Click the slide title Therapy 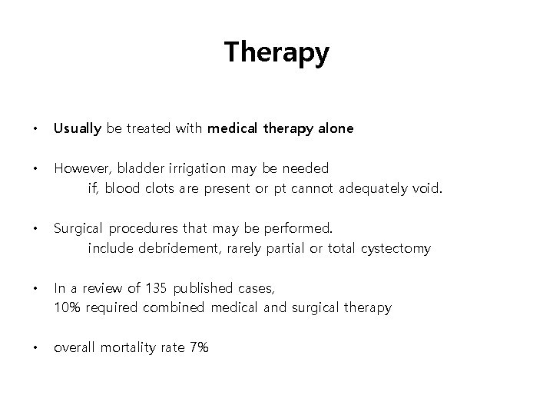[x=276, y=53]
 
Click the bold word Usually [x=77, y=129]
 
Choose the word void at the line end [x=428, y=188]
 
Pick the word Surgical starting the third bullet [x=78, y=229]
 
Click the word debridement [x=177, y=248]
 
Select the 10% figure [x=66, y=307]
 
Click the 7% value [x=197, y=347]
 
